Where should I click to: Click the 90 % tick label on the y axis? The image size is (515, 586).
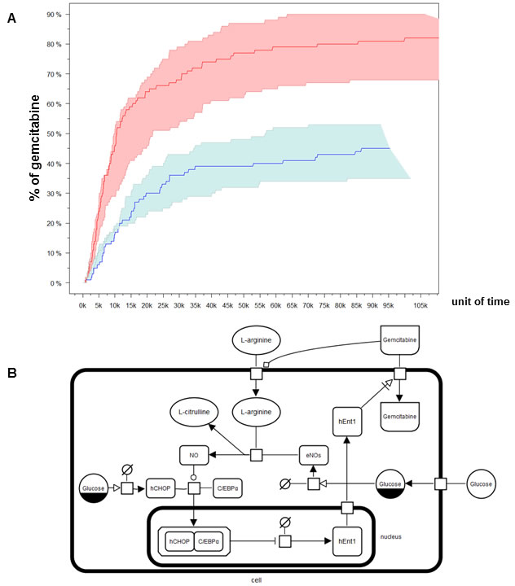(x=54, y=15)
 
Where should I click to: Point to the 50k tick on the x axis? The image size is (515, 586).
(x=244, y=306)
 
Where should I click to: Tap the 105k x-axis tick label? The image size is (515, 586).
(x=420, y=306)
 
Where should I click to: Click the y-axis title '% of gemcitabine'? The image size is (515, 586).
(x=34, y=148)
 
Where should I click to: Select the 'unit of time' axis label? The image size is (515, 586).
(x=481, y=302)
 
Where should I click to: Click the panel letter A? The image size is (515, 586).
(x=11, y=18)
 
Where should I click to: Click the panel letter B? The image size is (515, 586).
(x=12, y=373)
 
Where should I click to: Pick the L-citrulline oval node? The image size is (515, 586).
(x=194, y=412)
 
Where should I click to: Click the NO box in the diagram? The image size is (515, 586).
(x=194, y=455)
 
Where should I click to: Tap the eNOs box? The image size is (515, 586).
(x=313, y=455)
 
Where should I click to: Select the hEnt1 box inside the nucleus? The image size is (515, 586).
(x=347, y=541)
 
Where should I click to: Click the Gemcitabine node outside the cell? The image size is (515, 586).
(x=400, y=340)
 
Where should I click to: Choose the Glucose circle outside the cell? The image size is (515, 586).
(x=481, y=484)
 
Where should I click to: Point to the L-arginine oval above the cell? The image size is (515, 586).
(x=256, y=340)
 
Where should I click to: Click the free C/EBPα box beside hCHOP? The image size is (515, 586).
(x=227, y=488)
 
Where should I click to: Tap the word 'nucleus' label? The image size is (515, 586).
(x=391, y=536)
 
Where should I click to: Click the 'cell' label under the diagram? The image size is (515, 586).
(x=257, y=580)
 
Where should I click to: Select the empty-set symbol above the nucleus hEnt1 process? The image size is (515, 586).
(x=285, y=522)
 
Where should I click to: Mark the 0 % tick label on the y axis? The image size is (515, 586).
(x=55, y=284)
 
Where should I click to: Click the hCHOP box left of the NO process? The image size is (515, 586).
(x=161, y=488)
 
